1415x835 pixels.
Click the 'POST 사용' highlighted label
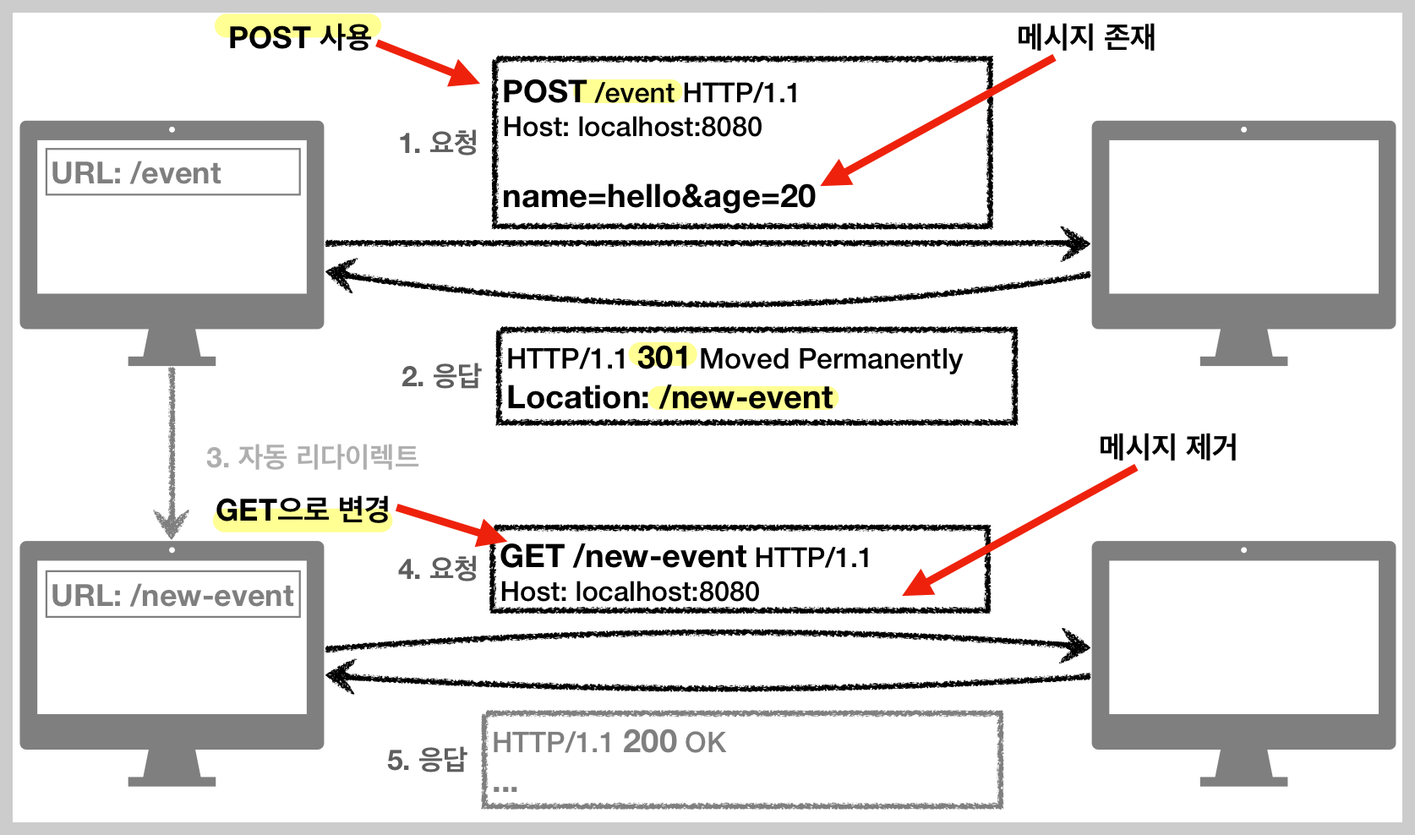point(299,37)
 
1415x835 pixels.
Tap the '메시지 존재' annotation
point(1085,37)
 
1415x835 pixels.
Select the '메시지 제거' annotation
point(1167,447)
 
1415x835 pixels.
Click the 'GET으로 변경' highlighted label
point(303,510)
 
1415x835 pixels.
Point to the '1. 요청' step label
point(438,143)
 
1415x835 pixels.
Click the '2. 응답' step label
point(440,375)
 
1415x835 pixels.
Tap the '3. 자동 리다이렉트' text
point(312,457)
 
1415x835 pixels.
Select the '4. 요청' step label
point(437,569)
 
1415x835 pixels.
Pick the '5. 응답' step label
point(427,760)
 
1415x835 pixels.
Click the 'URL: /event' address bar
point(172,172)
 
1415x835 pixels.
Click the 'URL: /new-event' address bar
point(172,595)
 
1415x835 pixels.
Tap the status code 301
point(663,357)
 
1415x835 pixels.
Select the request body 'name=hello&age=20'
point(658,197)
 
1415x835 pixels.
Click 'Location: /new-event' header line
point(669,398)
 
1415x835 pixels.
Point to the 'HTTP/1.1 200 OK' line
point(609,742)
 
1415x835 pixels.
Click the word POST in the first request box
point(544,91)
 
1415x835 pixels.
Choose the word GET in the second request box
point(532,557)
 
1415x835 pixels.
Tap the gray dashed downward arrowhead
point(172,524)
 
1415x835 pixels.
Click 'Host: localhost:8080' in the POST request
point(632,127)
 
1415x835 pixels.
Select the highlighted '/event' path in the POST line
point(635,92)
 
